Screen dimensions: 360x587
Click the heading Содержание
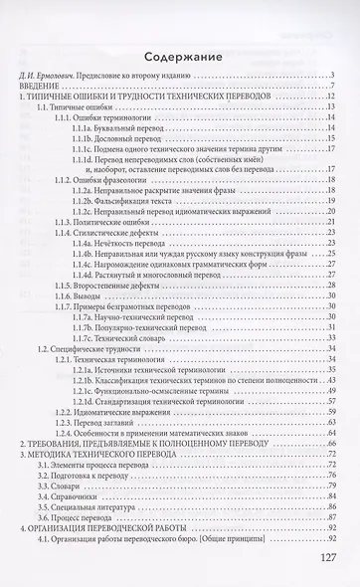click(x=180, y=56)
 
